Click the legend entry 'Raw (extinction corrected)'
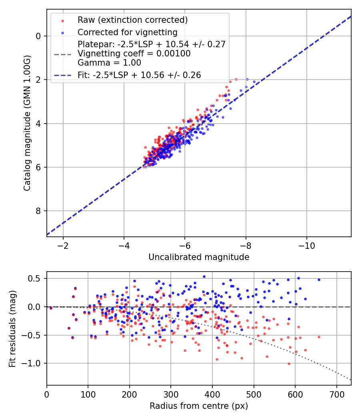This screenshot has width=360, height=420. (x=132, y=20)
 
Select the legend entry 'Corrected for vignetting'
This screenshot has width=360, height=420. (x=128, y=32)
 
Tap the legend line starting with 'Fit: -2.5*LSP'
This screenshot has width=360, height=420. (x=139, y=75)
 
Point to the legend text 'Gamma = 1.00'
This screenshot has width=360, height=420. (x=109, y=63)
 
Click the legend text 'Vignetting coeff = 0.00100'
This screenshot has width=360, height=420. (x=134, y=54)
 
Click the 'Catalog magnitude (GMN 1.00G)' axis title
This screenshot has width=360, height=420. (x=27, y=123)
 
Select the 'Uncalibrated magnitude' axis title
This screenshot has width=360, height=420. (x=199, y=257)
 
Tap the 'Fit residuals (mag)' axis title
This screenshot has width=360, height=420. (x=12, y=329)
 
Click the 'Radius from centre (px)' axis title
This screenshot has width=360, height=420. (x=199, y=406)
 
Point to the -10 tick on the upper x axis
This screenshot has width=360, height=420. (x=307, y=246)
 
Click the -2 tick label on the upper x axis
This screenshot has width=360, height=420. (x=63, y=246)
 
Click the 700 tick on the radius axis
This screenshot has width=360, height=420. (x=336, y=394)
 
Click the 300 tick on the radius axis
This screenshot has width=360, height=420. (x=171, y=394)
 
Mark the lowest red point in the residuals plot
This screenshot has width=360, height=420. (x=289, y=364)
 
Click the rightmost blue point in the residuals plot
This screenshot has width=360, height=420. (x=319, y=280)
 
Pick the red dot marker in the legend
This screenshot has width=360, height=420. (x=63, y=21)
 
